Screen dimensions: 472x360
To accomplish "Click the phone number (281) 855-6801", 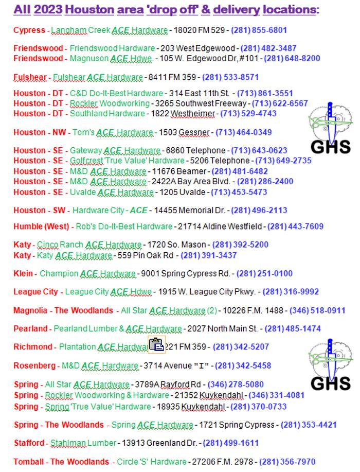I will [x=259, y=30].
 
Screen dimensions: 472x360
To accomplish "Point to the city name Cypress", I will [x=29, y=30].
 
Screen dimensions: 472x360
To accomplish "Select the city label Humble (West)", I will [x=41, y=226].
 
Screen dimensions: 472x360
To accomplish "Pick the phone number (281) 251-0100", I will [x=264, y=273].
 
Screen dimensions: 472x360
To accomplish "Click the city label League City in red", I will [x=35, y=292].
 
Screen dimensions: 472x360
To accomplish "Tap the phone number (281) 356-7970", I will [x=287, y=462].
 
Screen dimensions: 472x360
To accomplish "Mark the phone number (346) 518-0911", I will [x=317, y=310].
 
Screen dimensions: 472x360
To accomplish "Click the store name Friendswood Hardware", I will [x=112, y=48].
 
